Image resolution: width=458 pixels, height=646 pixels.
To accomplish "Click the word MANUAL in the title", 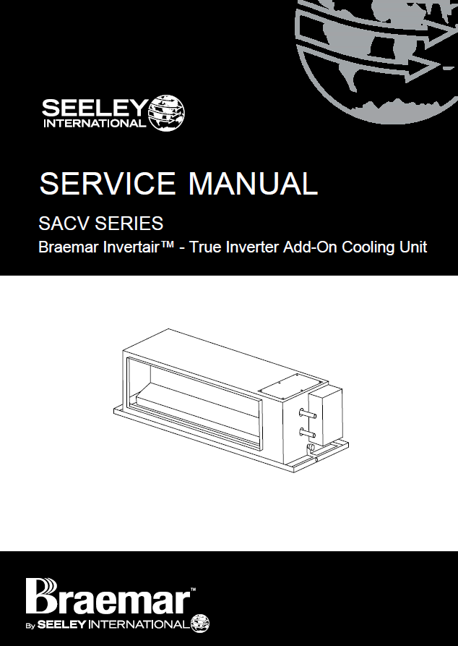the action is click(x=253, y=184).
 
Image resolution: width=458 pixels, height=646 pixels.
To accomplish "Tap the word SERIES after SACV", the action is click(x=127, y=222).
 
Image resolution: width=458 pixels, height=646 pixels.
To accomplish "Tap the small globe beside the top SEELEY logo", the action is click(x=166, y=114).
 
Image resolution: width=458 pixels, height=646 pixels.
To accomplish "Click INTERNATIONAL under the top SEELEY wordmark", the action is click(x=94, y=123).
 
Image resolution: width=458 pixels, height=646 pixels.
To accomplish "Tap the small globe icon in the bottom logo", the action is click(x=200, y=623).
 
